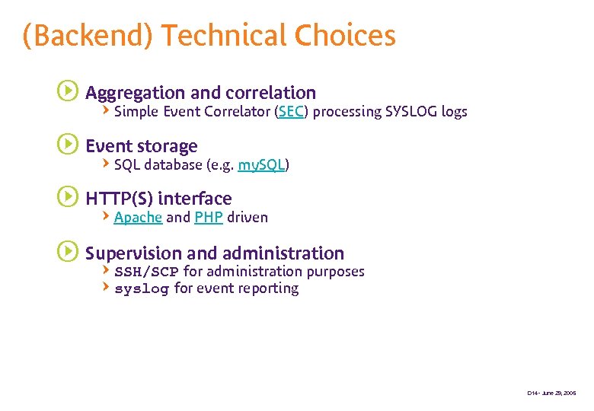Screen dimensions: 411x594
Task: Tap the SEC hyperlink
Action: pos(291,112)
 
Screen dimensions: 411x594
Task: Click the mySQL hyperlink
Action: pos(261,165)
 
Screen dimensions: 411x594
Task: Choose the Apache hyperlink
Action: pos(138,218)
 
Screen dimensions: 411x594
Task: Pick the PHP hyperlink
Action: pos(208,218)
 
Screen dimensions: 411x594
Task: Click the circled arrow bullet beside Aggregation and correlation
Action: pos(68,92)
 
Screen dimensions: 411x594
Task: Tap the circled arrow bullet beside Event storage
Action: pos(68,145)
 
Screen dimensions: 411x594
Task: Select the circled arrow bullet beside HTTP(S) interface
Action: pos(68,198)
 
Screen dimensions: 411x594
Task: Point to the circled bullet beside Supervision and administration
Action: pos(68,252)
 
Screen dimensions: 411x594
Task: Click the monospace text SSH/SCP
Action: pos(146,272)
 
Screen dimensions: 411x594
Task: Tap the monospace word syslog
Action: pos(141,288)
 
